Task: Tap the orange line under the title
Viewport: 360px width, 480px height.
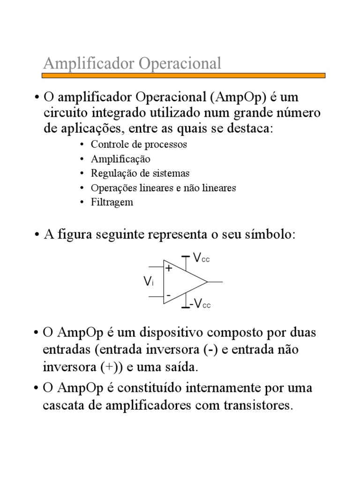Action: point(184,75)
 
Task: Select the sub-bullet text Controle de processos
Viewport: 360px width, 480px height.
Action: point(139,144)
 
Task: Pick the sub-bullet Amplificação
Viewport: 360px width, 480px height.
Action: point(120,159)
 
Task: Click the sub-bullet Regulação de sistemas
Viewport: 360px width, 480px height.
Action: point(140,173)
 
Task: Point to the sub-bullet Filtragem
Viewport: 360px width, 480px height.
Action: point(112,202)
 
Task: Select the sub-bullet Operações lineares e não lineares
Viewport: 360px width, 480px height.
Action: point(164,188)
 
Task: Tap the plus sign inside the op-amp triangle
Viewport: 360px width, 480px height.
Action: point(169,269)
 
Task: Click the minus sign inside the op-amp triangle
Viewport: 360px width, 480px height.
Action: point(168,295)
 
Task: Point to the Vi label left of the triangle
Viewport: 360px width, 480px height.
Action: point(148,282)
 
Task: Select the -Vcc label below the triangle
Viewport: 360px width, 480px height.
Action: point(200,304)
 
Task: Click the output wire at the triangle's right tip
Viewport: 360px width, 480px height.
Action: point(215,282)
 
